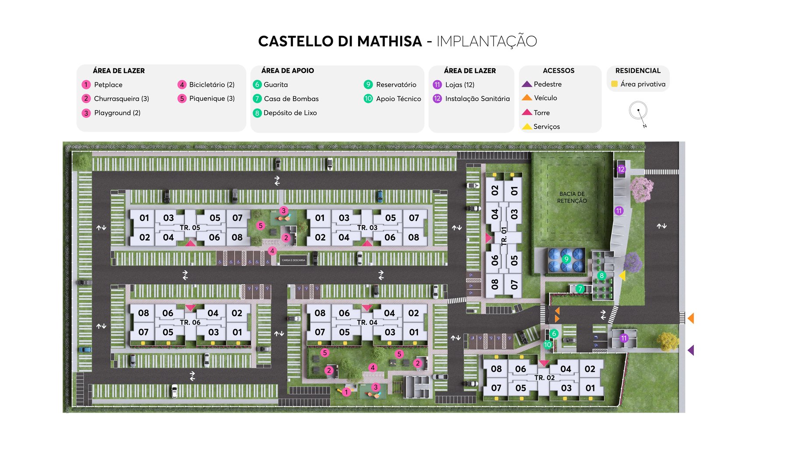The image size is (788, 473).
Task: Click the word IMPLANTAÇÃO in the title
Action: click(x=486, y=41)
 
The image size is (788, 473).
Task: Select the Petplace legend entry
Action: click(x=108, y=85)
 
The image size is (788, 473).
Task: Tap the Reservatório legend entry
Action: click(x=396, y=85)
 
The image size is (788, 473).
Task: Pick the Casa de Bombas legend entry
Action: click(x=291, y=99)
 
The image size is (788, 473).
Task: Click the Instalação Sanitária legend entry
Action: click(x=477, y=99)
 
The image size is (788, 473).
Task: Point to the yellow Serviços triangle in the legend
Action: click(x=527, y=127)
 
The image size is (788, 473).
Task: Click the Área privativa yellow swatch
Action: click(x=615, y=84)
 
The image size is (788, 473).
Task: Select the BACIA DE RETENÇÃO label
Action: click(x=572, y=198)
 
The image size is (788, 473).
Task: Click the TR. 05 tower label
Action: click(x=190, y=228)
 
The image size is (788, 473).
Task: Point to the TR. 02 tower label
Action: click(x=544, y=378)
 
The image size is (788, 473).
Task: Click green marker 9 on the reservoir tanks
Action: click(x=566, y=259)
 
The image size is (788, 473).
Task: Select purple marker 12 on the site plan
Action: click(x=621, y=169)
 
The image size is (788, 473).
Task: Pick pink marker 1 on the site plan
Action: click(x=346, y=392)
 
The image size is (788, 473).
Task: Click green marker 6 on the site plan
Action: click(x=554, y=333)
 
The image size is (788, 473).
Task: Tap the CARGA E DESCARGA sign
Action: click(x=293, y=260)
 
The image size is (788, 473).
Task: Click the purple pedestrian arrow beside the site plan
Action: click(x=691, y=350)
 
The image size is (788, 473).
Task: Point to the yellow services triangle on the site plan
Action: click(x=622, y=275)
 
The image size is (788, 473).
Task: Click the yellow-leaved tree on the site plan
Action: click(x=667, y=341)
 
